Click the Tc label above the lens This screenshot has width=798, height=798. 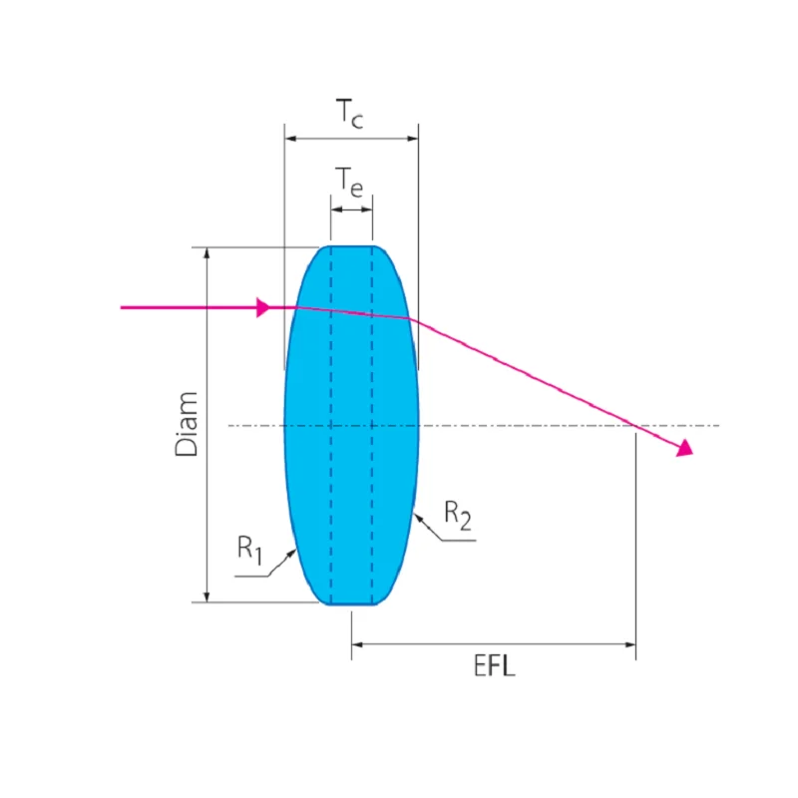349,117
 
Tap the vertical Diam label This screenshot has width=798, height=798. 187,424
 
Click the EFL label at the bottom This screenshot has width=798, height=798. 494,666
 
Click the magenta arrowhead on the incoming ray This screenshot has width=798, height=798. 263,307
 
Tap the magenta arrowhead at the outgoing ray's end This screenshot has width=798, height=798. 684,449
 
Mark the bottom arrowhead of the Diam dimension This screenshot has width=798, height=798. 206,597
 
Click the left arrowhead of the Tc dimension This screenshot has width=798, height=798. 290,140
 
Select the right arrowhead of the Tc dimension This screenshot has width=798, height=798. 412,140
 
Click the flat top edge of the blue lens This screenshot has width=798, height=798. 351,245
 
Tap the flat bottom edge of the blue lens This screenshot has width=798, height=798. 351,603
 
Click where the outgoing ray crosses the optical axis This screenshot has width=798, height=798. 636,426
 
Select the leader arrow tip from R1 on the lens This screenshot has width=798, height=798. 295,549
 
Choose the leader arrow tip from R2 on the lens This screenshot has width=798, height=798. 415,510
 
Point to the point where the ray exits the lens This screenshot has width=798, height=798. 410,319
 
